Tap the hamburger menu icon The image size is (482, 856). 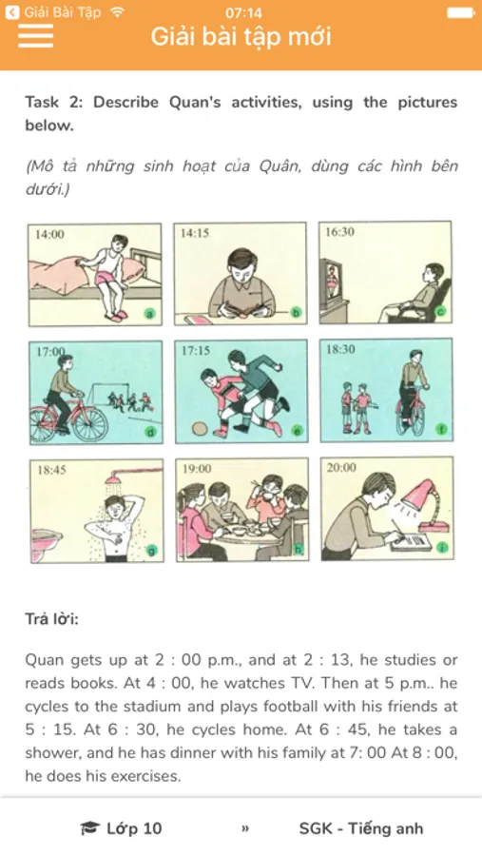pos(35,36)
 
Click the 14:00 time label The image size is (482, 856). pos(49,235)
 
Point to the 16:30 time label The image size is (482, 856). pos(339,232)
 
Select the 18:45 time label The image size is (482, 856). pos(52,470)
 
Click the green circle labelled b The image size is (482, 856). pos(297,313)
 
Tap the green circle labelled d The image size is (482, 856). pos(151,433)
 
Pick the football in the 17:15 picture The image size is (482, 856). pos(201,427)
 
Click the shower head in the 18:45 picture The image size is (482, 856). pos(113,478)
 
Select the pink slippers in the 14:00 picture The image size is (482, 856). pos(117,317)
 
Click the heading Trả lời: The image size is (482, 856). pos(52,619)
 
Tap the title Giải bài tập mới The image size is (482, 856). pos(241,36)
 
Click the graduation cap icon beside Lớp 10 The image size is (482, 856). pos(89,828)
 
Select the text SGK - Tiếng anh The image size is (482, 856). pos(361,828)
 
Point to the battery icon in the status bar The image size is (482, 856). pos(461,12)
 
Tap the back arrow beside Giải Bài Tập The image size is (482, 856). pos(12,12)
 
